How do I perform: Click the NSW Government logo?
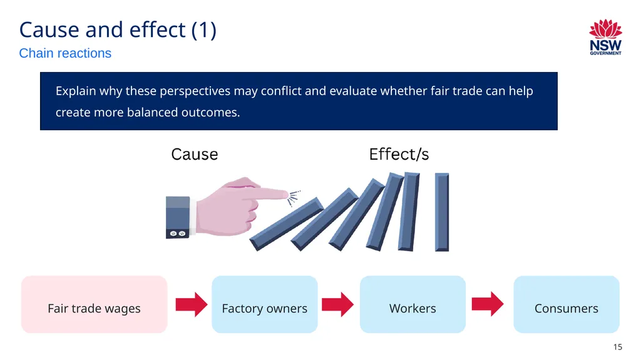tap(605, 37)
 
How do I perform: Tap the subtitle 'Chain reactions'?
tap(65, 53)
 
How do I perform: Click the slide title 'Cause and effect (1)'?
tap(118, 30)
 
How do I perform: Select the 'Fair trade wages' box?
tap(95, 304)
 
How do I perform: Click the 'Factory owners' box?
tap(265, 304)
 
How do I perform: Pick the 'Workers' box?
tap(413, 304)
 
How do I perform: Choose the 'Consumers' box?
tap(566, 304)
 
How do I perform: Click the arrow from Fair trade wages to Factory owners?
tap(192, 304)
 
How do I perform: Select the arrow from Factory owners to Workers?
tap(337, 304)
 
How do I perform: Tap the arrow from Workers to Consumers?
tap(488, 304)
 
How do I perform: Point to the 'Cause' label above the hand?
tap(195, 155)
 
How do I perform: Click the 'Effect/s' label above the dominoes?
tap(399, 155)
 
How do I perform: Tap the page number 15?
tap(618, 347)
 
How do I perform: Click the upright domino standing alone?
tap(442, 212)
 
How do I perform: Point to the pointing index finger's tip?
tap(287, 195)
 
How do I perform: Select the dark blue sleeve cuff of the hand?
tap(178, 217)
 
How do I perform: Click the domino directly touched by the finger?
tap(287, 224)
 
